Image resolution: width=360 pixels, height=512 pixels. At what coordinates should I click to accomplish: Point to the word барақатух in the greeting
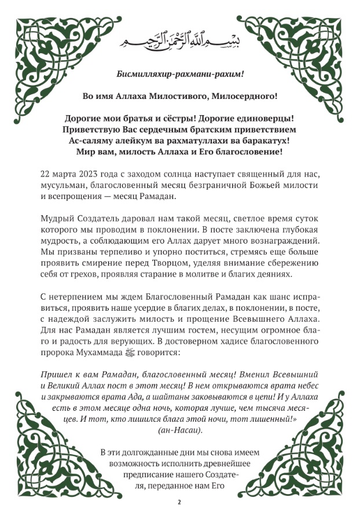[x=263, y=141]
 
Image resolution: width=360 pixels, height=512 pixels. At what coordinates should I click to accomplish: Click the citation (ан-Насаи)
[x=179, y=430]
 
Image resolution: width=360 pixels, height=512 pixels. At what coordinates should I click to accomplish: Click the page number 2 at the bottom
[x=179, y=502]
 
